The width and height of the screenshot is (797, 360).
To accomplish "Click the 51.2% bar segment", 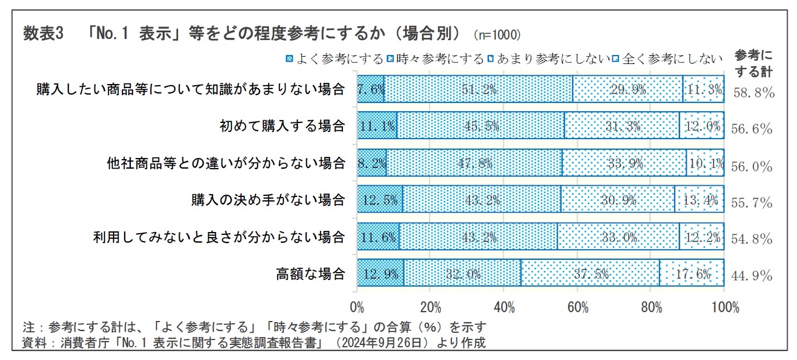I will [x=478, y=89].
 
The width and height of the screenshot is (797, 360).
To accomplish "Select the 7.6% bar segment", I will [x=370, y=89].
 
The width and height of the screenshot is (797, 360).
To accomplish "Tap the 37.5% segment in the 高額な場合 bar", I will [x=590, y=274].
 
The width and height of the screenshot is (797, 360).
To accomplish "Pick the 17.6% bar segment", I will [x=691, y=274].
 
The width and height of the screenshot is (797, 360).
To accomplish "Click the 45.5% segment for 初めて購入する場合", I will [x=480, y=126].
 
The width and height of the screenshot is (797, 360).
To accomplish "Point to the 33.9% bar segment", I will [x=623, y=163].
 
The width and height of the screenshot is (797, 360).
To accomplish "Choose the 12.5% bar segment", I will [x=380, y=200].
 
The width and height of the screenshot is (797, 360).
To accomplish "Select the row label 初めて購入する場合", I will [x=282, y=126].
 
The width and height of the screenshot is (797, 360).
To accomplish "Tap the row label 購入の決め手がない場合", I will [x=268, y=200].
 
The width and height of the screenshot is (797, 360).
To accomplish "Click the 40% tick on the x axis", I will [x=503, y=307].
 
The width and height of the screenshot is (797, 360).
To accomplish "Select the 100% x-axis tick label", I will [x=725, y=307].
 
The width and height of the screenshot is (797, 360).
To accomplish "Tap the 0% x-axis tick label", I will [x=357, y=307].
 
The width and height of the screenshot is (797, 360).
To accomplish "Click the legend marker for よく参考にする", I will [x=289, y=58].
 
